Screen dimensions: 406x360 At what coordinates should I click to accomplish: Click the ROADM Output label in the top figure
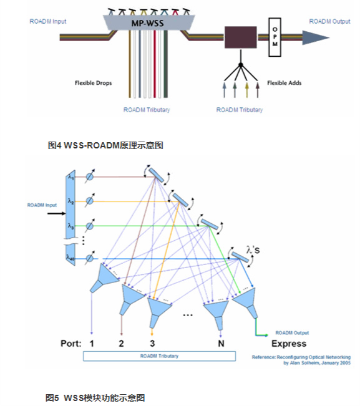[329, 21]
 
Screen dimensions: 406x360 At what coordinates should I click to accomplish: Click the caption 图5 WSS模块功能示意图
[95, 397]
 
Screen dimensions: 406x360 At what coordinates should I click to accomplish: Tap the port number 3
[152, 343]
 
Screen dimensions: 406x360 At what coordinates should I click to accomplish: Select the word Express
[288, 343]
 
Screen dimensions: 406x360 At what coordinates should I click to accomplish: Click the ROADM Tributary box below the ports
[160, 356]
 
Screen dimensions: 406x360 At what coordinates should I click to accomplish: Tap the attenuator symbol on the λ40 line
[89, 258]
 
